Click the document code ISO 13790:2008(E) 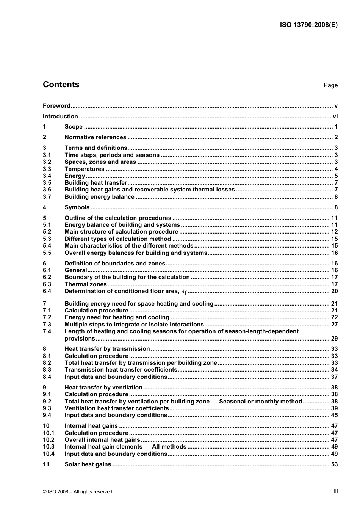point(308,25)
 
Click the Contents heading point(61,85)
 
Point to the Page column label point(330,85)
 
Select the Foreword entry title point(56,106)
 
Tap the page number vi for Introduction point(335,116)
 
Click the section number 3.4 point(47,176)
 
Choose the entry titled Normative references point(95,137)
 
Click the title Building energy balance point(99,197)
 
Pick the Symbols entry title point(77,207)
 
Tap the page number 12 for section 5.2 point(334,232)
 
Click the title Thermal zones point(86,284)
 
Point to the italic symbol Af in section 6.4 point(184,292)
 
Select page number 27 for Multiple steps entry point(334,325)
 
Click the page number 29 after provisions point(334,339)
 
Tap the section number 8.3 point(47,370)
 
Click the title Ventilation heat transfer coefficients point(116,408)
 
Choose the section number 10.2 point(49,440)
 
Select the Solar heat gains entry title point(88,464)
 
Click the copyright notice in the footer point(78,492)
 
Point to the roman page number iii point(336,491)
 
